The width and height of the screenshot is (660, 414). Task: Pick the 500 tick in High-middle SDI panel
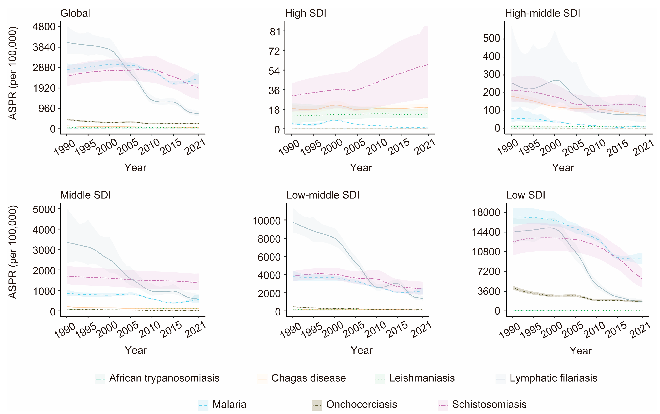[491, 38]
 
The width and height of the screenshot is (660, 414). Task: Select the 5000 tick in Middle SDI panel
[44, 210]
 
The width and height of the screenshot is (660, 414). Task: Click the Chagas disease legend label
[308, 378]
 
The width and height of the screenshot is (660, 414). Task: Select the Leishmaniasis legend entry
[422, 378]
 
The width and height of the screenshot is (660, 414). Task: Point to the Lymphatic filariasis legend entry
[553, 378]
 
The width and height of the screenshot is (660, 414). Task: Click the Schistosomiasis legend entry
[489, 404]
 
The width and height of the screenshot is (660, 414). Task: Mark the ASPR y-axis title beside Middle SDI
[13, 252]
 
